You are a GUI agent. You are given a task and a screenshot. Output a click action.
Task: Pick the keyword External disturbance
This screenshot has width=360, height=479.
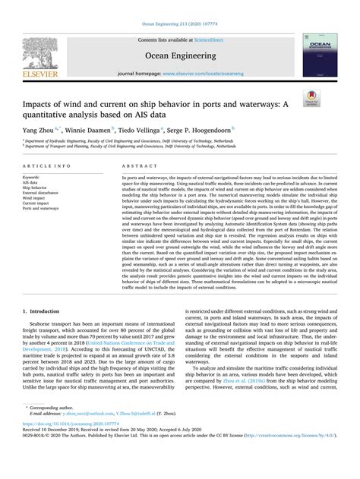tap(45, 194)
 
